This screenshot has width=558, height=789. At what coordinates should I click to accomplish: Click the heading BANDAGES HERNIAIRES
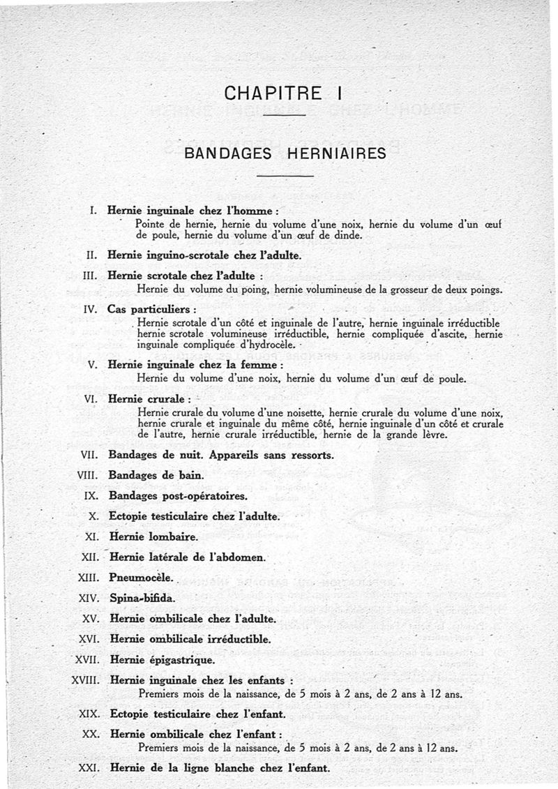[284, 153]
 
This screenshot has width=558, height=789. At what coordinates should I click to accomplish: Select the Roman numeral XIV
[89, 598]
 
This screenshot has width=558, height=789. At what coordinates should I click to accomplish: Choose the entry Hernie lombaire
[154, 537]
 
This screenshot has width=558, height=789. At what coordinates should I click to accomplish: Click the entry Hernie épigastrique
[163, 659]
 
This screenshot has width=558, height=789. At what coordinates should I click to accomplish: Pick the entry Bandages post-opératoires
[178, 496]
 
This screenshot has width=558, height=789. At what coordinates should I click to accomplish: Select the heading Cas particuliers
[151, 308]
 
